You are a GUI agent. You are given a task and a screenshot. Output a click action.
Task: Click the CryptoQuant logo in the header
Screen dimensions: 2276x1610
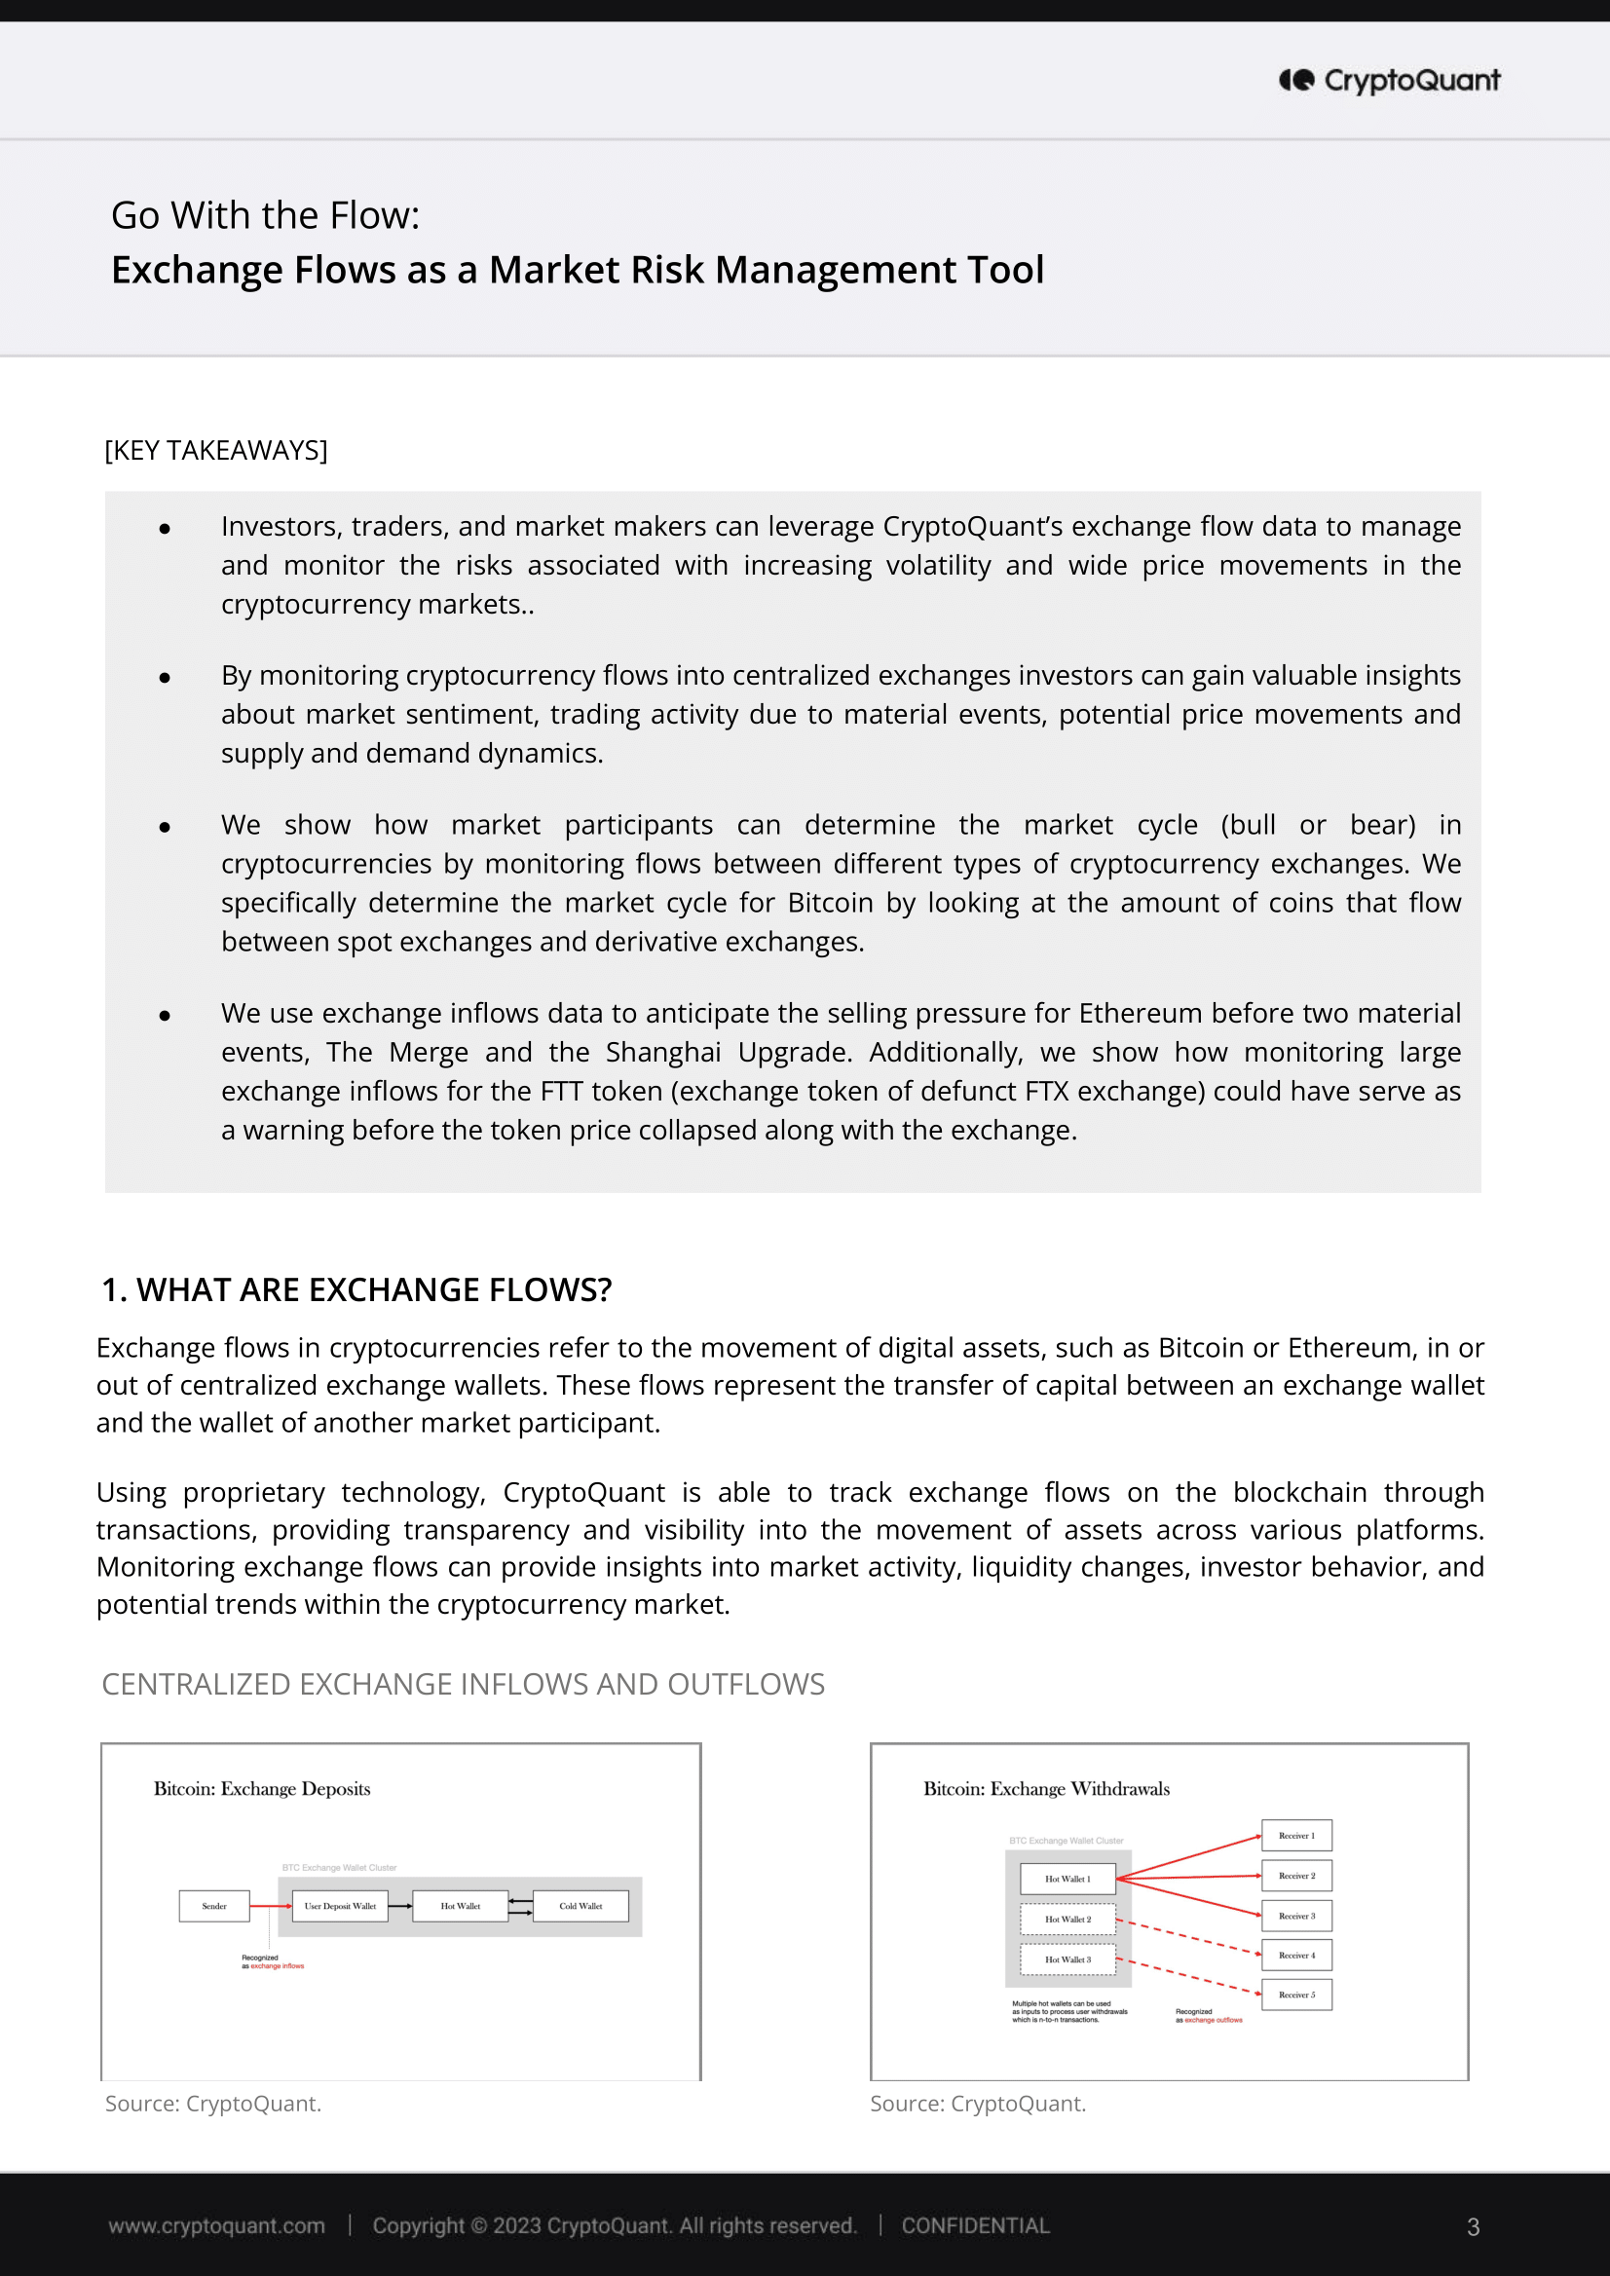point(1389,80)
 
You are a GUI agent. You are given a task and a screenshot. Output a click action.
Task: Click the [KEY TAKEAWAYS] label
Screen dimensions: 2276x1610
point(215,451)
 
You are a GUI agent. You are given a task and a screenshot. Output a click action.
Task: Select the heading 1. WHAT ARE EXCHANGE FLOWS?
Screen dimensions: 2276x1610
point(356,1289)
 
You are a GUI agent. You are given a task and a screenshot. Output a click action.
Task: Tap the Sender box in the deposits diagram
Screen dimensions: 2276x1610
point(214,1906)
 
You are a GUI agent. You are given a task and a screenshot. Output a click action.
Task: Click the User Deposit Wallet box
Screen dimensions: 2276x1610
point(340,1906)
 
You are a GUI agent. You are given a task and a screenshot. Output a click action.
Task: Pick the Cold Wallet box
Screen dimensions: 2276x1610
point(580,1906)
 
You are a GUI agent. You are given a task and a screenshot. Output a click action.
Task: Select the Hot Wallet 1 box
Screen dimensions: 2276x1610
point(1067,1879)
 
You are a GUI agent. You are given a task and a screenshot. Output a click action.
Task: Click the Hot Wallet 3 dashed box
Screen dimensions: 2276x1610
point(1067,1959)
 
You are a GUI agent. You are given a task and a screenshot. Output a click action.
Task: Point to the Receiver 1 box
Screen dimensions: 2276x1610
point(1295,1836)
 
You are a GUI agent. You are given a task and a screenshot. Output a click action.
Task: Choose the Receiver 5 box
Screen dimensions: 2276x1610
point(1295,1995)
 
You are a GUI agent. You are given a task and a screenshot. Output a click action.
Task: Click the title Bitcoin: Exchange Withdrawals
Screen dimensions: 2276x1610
point(1046,1789)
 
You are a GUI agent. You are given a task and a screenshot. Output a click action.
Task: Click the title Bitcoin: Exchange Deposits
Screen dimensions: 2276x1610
point(262,1789)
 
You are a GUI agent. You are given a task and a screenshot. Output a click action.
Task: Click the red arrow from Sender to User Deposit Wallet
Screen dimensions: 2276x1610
point(270,1906)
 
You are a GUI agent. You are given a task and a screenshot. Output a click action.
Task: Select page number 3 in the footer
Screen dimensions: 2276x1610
point(1474,2227)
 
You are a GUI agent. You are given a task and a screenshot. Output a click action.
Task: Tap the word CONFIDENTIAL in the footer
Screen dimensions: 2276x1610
point(975,2226)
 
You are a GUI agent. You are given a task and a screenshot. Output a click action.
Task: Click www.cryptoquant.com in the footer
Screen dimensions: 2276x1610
point(216,2226)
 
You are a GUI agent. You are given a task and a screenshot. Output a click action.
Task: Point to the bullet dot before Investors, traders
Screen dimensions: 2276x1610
point(165,530)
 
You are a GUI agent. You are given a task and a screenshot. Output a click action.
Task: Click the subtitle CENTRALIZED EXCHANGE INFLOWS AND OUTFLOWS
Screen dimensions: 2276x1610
point(463,1685)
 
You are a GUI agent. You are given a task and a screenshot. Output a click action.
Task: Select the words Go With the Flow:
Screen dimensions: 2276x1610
point(265,216)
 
